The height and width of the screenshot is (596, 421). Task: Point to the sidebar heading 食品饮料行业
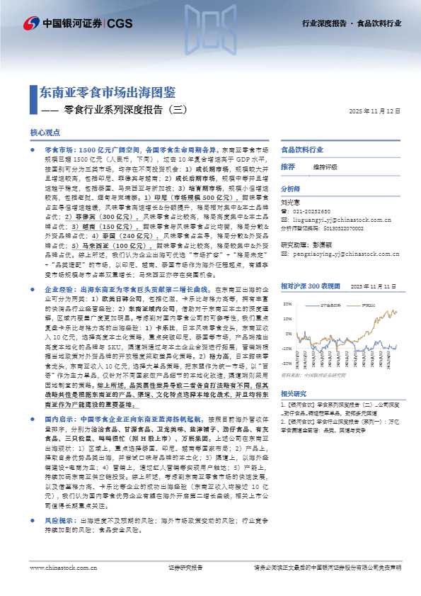click(302, 150)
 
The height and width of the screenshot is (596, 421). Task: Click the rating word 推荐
click(287, 167)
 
